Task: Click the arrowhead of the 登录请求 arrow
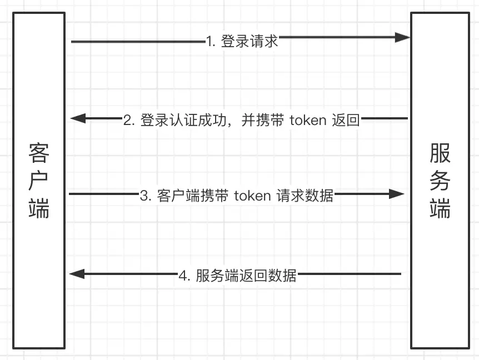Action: [x=403, y=38]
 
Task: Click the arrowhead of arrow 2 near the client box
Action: [x=78, y=118]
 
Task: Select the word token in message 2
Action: [x=308, y=120]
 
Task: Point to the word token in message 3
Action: [x=252, y=196]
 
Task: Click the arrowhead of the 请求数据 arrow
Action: [x=397, y=194]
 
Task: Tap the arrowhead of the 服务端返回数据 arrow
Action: [x=77, y=273]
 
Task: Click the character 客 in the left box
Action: [x=39, y=152]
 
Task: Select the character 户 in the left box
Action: [x=39, y=180]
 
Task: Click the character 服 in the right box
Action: [x=440, y=152]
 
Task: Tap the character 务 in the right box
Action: [x=440, y=180]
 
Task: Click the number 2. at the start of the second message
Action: [x=129, y=120]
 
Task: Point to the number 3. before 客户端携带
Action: [x=146, y=196]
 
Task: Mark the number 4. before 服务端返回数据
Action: [x=184, y=275]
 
